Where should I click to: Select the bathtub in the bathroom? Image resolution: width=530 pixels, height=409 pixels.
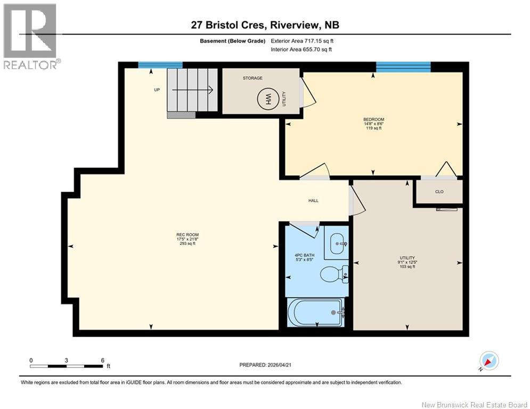[315, 312]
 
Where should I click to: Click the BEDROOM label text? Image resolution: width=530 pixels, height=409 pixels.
[373, 119]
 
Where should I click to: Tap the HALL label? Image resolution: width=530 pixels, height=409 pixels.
[313, 201]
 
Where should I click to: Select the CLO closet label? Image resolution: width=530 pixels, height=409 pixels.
[439, 192]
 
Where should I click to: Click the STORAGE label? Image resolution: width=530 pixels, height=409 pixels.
[252, 78]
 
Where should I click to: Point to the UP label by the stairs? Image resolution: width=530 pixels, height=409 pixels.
[157, 89]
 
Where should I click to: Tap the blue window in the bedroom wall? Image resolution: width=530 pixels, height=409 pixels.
[403, 67]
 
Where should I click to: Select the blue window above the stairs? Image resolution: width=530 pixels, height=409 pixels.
[160, 65]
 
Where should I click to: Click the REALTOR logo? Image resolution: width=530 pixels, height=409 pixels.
[31, 36]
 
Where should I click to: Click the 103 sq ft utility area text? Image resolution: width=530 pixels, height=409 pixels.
[407, 266]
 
